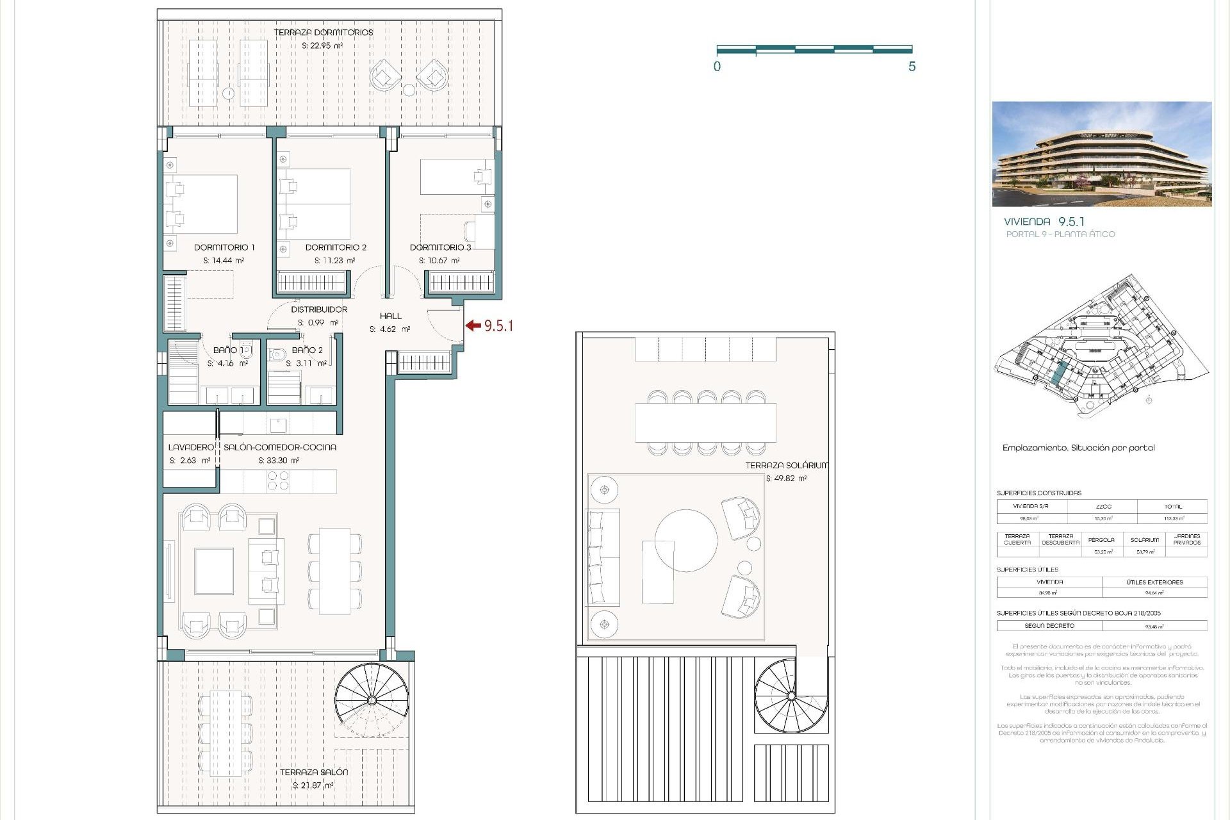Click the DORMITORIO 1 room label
[x=224, y=247]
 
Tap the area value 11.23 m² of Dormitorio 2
[x=334, y=261]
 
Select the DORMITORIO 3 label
[x=440, y=247]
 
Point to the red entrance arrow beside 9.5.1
[x=473, y=325]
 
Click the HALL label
[x=390, y=316]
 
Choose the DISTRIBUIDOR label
[x=319, y=309]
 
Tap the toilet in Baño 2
[x=277, y=354]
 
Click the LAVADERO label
[x=190, y=447]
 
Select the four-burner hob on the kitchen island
[x=278, y=480]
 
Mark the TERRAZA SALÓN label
[x=313, y=772]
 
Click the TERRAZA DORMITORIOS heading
[x=323, y=32]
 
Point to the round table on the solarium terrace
[x=685, y=540]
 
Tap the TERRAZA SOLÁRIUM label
[x=786, y=466]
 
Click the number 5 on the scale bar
[x=912, y=67]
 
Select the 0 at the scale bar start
[x=717, y=67]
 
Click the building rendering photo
[x=1101, y=154]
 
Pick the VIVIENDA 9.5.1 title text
[x=1044, y=222]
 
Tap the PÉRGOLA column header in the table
[x=1101, y=539]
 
